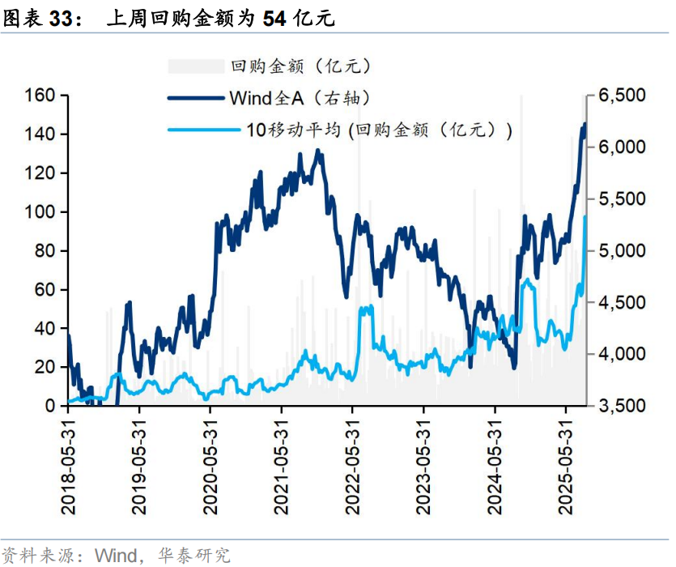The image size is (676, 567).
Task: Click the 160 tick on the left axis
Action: point(40,96)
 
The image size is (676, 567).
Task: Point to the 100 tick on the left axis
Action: point(40,212)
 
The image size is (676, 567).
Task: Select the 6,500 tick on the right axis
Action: point(622,96)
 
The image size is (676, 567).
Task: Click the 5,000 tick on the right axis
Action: point(622,251)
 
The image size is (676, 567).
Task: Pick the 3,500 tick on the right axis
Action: point(622,406)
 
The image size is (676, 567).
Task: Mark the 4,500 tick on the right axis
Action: point(622,303)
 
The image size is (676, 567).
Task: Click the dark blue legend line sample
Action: point(196,99)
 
